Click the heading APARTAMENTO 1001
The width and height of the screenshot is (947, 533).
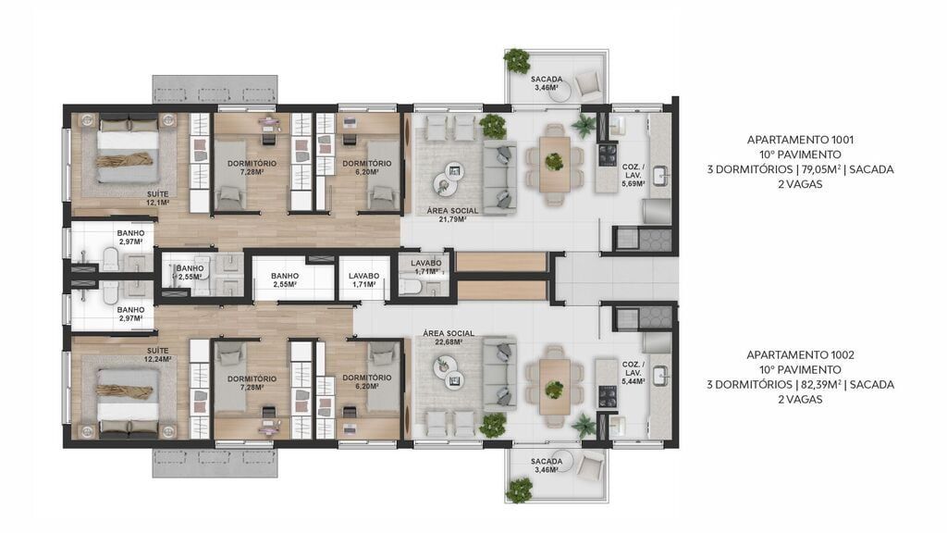pyautogui.click(x=800, y=140)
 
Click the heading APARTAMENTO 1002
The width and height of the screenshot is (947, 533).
pyautogui.click(x=800, y=354)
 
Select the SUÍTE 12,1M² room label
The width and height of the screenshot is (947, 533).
pyautogui.click(x=157, y=198)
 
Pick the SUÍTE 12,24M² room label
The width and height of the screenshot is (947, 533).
pyautogui.click(x=157, y=354)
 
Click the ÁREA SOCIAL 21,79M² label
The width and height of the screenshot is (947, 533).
pyautogui.click(x=452, y=215)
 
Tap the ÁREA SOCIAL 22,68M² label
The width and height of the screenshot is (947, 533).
pyautogui.click(x=449, y=337)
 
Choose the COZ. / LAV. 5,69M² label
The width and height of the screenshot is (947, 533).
pyautogui.click(x=633, y=175)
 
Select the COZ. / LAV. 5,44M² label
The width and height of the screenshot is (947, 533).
pyautogui.click(x=633, y=373)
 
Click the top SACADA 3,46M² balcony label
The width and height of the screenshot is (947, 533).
pyautogui.click(x=547, y=83)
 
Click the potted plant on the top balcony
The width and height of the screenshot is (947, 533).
pyautogui.click(x=516, y=61)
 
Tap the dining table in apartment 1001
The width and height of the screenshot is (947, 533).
pyautogui.click(x=555, y=162)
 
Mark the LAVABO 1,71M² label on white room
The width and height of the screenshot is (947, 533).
pyautogui.click(x=363, y=280)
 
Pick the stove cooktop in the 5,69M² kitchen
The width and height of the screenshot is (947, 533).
pyautogui.click(x=607, y=155)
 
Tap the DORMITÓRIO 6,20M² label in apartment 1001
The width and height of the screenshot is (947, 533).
pyautogui.click(x=366, y=167)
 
